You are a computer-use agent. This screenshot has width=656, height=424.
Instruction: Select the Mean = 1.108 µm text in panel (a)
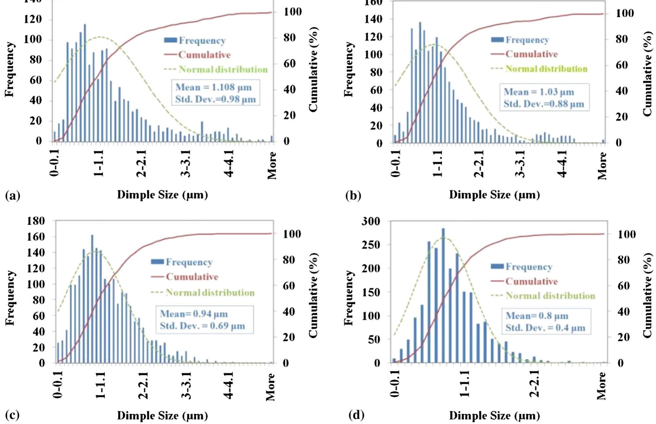pyautogui.click(x=213, y=87)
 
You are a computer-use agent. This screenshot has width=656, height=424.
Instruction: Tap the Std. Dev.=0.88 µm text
pyautogui.click(x=543, y=104)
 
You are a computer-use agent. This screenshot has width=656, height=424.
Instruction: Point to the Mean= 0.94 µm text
pyautogui.click(x=194, y=314)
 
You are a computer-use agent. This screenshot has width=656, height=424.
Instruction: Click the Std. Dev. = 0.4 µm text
pyautogui.click(x=545, y=328)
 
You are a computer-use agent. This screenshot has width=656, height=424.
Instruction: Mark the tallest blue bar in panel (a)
pyautogui.click(x=85, y=83)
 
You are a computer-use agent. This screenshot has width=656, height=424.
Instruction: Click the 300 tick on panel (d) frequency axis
pyautogui.click(x=371, y=221)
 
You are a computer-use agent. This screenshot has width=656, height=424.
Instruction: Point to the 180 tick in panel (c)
pyautogui.click(x=36, y=221)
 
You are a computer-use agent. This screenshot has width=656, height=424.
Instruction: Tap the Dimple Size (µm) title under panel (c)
pyautogui.click(x=162, y=415)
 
